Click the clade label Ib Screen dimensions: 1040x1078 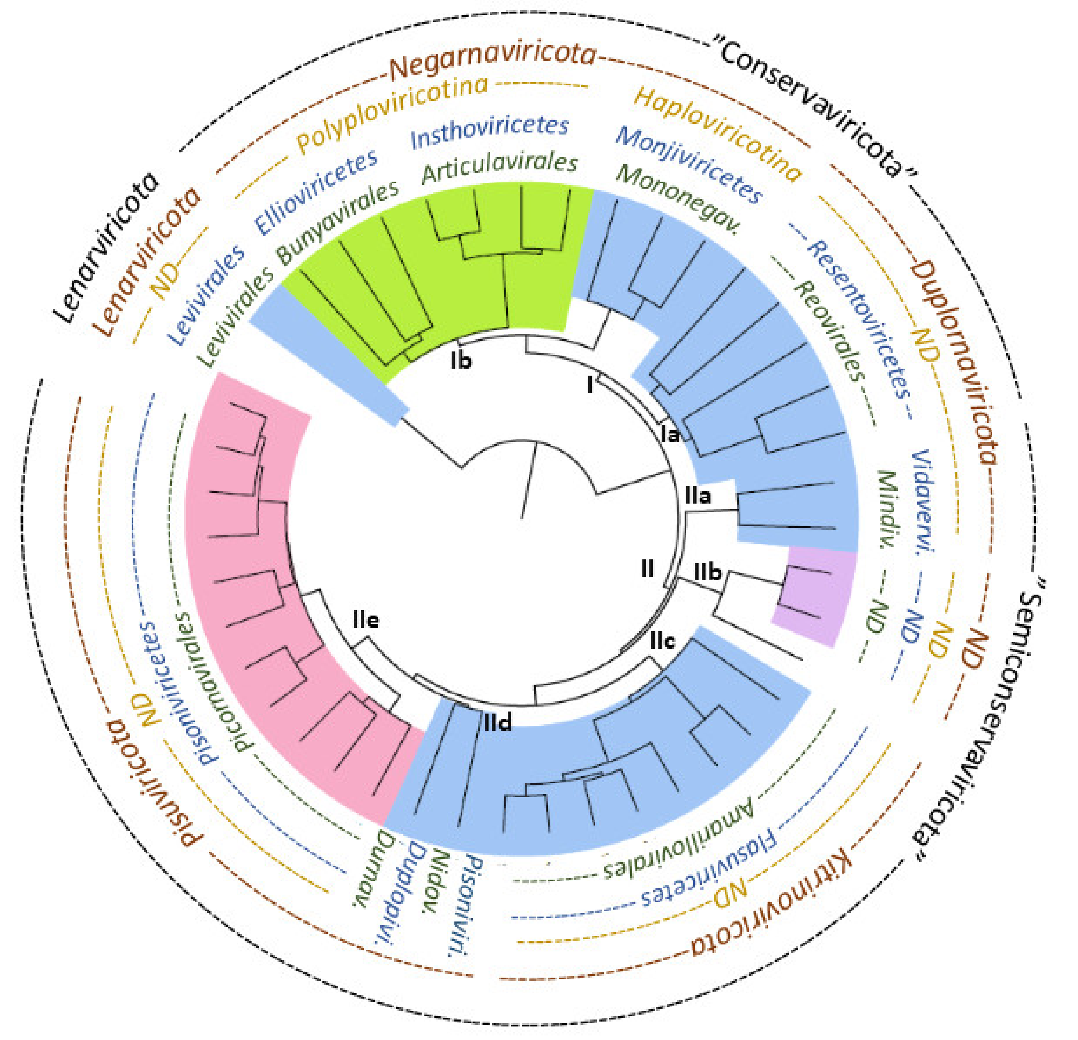pyautogui.click(x=461, y=361)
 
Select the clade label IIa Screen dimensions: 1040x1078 pyautogui.click(x=697, y=496)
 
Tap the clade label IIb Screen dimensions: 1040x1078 pyautogui.click(x=707, y=572)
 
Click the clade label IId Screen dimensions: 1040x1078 pyautogui.click(x=498, y=723)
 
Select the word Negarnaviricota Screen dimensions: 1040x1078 pyautogui.click(x=493, y=62)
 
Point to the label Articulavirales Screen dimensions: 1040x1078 pyautogui.click(x=499, y=166)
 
